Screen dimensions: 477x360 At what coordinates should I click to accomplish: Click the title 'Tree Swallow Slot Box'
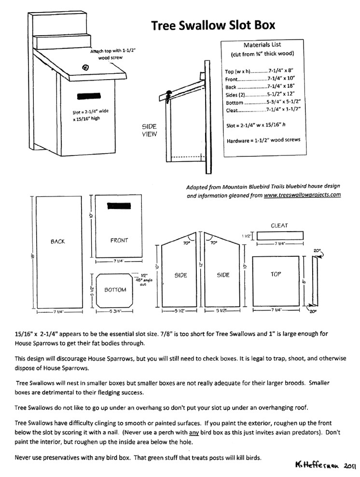tap(213, 26)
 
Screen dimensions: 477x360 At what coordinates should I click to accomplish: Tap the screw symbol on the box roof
tap(86, 68)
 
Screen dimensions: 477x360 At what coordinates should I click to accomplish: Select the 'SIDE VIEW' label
tap(149, 130)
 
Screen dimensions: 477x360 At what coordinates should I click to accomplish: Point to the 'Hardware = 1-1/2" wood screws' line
tap(263, 140)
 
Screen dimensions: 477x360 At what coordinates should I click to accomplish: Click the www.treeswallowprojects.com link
tap(303, 195)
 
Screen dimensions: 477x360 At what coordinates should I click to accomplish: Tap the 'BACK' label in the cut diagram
tap(57, 241)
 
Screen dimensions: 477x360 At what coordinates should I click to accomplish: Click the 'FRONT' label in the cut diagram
tap(119, 240)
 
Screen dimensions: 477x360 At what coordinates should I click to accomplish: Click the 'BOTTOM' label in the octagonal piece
tap(115, 290)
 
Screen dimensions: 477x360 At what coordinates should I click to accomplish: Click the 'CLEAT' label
tap(279, 225)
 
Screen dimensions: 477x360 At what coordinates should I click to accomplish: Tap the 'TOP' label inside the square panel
tap(276, 274)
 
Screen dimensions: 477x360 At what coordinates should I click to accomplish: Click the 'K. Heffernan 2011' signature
tap(324, 466)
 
